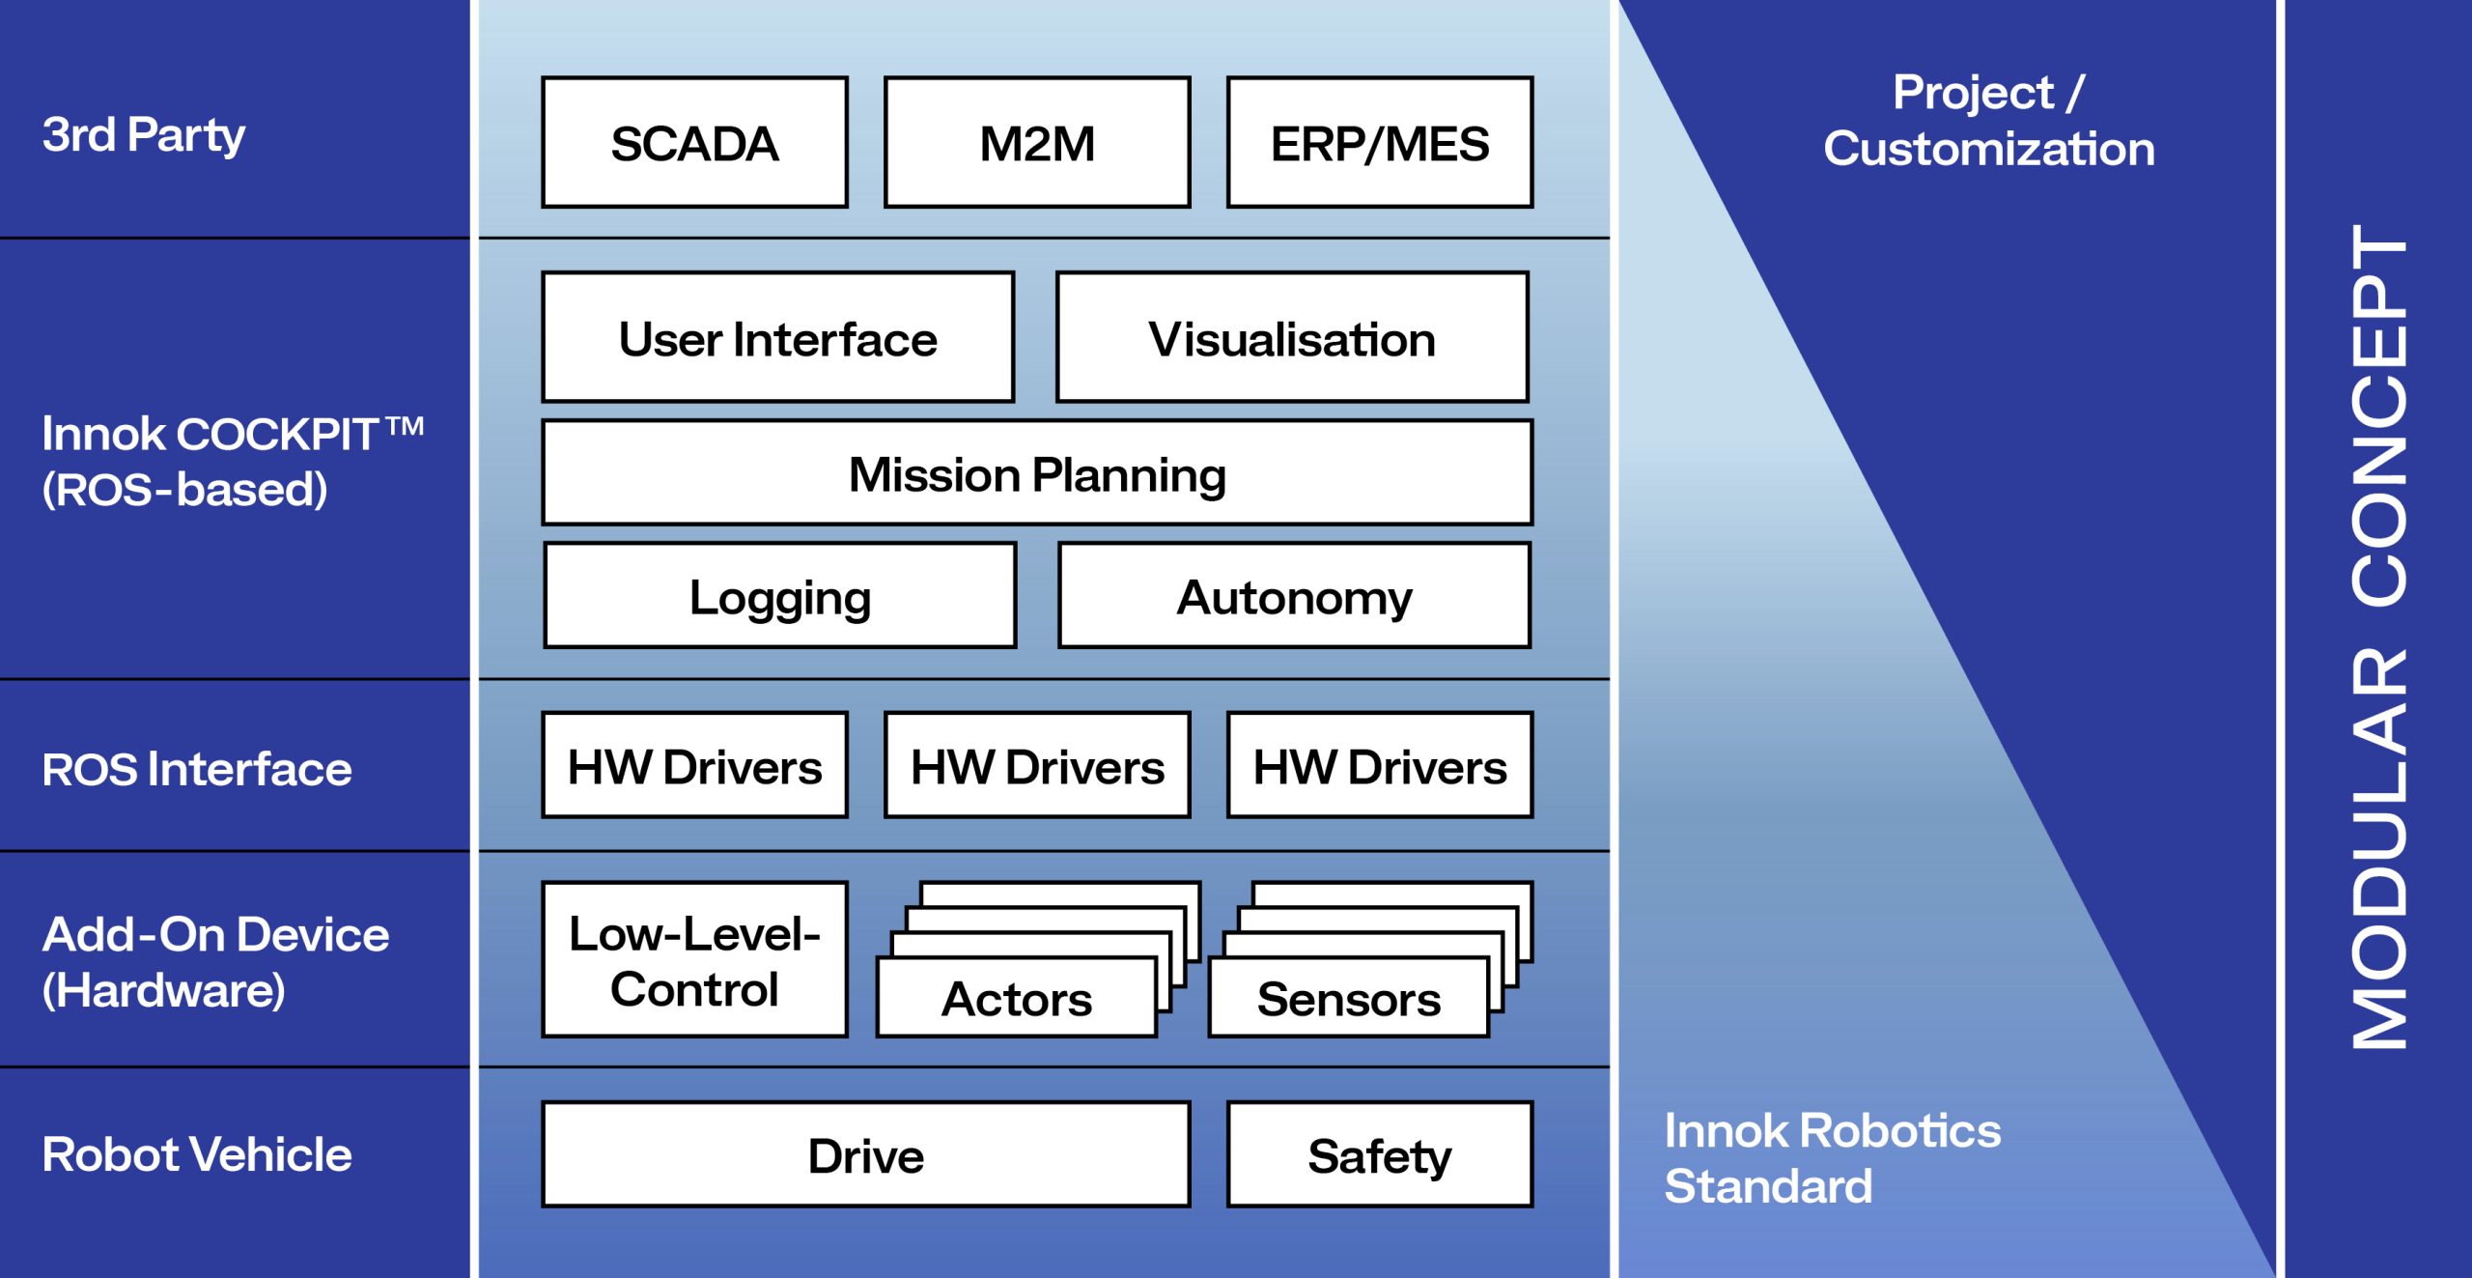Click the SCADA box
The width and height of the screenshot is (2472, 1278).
(x=694, y=143)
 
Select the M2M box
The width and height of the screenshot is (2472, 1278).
(x=1037, y=143)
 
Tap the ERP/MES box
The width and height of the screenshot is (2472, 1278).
(x=1379, y=143)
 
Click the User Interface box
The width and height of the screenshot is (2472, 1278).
(x=778, y=338)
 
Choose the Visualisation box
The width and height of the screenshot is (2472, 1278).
(x=1292, y=338)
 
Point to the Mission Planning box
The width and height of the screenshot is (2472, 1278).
(x=1037, y=473)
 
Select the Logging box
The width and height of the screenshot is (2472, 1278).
(x=780, y=596)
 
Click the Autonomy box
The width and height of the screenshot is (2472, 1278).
(x=1294, y=596)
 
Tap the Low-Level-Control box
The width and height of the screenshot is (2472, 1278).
(x=694, y=960)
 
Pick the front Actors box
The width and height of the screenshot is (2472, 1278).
(x=1017, y=999)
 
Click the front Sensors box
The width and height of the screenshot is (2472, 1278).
(x=1348, y=999)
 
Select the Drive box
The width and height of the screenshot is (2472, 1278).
(x=865, y=1155)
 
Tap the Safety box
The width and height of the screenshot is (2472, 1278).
(x=1379, y=1155)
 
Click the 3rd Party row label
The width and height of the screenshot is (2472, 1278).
(x=143, y=134)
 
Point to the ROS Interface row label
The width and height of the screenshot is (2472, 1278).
(x=197, y=769)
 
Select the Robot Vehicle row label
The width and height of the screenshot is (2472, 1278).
(x=197, y=1154)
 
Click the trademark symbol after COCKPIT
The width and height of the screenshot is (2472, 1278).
(x=405, y=426)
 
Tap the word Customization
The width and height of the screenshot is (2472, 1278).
(x=1988, y=149)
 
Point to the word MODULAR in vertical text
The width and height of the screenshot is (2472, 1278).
(x=2379, y=850)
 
